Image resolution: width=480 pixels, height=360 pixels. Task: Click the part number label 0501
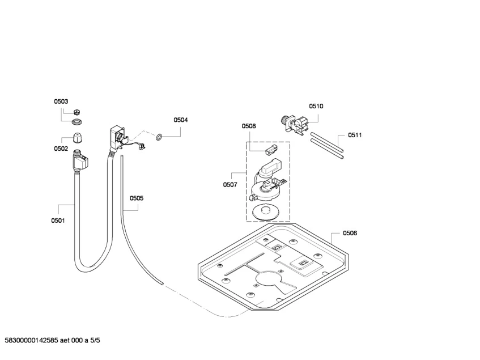[x=58, y=221]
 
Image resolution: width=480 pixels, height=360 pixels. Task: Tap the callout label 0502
[x=61, y=149]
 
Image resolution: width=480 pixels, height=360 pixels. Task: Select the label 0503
[x=61, y=101]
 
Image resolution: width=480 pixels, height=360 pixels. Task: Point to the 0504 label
[x=181, y=120]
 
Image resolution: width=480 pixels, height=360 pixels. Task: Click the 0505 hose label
[x=136, y=198]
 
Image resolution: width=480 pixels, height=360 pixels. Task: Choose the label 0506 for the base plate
[x=350, y=233]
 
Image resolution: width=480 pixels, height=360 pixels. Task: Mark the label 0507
[x=230, y=185]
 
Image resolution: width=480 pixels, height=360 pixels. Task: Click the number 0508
[x=249, y=126]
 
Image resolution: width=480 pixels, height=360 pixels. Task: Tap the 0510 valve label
[x=316, y=106]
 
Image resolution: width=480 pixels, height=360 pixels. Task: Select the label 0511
[x=355, y=135]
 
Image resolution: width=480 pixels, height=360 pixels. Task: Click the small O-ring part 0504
[x=160, y=137]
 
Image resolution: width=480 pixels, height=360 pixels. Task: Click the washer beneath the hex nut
[x=76, y=121]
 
